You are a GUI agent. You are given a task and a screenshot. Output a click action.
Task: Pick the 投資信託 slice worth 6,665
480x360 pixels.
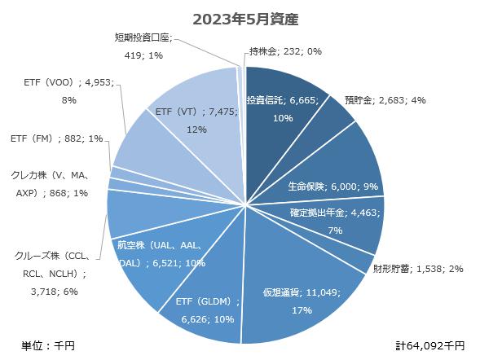pos(281,106)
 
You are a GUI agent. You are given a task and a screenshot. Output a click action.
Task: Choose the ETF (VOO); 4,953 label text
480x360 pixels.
pos(70,90)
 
